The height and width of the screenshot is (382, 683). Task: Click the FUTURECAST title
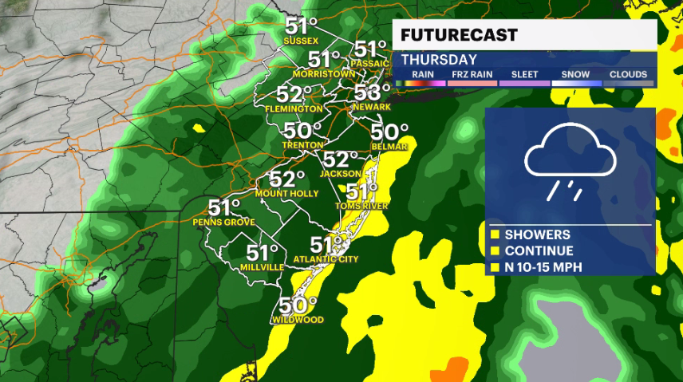[459, 35]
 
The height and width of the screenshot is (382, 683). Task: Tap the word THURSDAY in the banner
[439, 60]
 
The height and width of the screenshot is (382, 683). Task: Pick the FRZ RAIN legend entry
[472, 74]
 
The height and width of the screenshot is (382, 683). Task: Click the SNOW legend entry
[575, 74]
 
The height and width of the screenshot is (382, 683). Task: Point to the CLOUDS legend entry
[628, 74]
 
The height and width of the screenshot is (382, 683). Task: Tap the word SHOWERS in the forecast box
[537, 234]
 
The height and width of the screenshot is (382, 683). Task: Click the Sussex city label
[301, 41]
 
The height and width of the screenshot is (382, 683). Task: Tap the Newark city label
[372, 107]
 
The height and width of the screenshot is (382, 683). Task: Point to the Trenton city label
[301, 145]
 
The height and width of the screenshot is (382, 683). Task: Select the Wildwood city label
[297, 320]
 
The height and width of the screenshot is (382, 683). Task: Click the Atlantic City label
[326, 259]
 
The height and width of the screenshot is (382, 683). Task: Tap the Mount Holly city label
[287, 194]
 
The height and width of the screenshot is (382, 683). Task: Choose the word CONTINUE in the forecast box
[539, 250]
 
